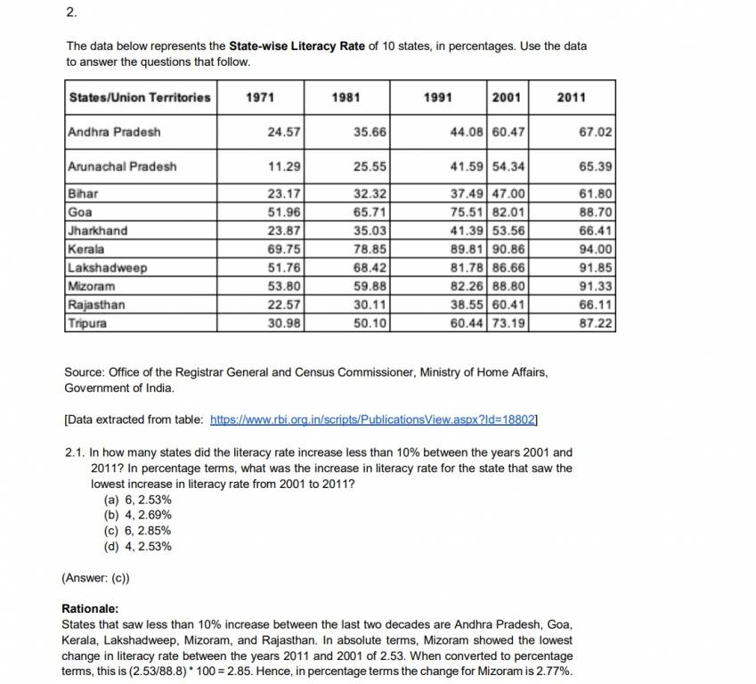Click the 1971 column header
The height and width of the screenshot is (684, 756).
(259, 97)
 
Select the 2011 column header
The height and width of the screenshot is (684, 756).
(571, 97)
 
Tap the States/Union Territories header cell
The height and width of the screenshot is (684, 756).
(140, 97)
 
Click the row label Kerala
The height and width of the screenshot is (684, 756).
(85, 249)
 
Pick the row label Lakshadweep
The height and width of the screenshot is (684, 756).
(107, 267)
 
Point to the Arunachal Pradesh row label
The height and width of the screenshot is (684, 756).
(122, 166)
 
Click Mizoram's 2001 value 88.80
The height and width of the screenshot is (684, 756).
(509, 286)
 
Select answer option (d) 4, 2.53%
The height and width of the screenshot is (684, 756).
(138, 546)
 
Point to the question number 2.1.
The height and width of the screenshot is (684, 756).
(76, 452)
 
